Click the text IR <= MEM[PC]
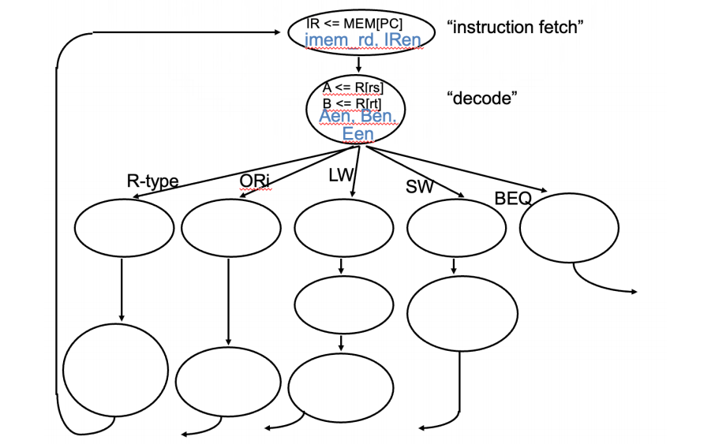(354, 23)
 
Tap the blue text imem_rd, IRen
(363, 40)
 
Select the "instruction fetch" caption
(515, 28)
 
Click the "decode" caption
(482, 98)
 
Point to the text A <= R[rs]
(353, 88)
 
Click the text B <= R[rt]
(352, 103)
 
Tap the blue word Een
(358, 134)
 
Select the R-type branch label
(152, 181)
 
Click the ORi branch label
(255, 181)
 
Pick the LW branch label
(341, 175)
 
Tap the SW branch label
(420, 186)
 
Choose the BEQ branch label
(513, 198)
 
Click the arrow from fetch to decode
(358, 65)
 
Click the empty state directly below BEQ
(569, 227)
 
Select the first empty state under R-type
(124, 227)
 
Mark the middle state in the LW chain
(344, 305)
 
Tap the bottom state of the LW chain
(341, 388)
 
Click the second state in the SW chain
(462, 314)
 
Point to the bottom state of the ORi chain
(228, 382)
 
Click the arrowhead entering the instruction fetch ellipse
(278, 32)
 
